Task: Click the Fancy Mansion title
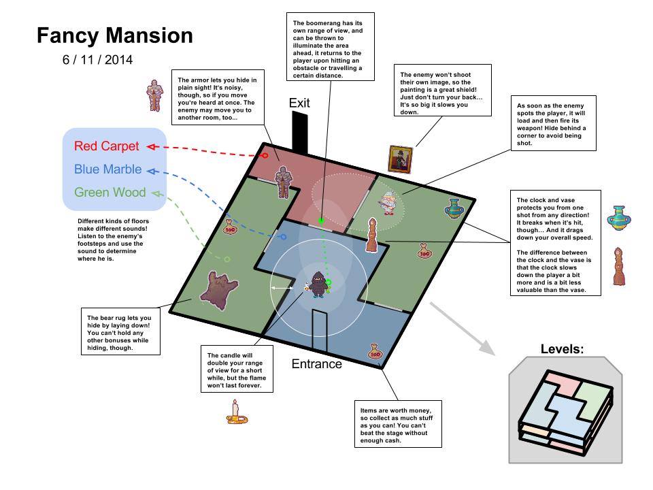click(114, 35)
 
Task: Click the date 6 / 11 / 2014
click(97, 60)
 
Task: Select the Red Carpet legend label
click(106, 146)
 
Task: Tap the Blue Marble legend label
click(107, 169)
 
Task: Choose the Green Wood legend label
click(110, 193)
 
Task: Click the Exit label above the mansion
click(299, 103)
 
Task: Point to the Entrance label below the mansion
click(316, 364)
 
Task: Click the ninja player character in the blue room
click(318, 284)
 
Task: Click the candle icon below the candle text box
click(236, 412)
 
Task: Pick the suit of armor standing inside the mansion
click(282, 182)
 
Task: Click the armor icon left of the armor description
click(156, 95)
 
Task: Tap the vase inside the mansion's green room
click(454, 209)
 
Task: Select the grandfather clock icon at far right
click(618, 267)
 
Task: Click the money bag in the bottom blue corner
click(374, 352)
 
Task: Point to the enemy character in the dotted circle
click(388, 203)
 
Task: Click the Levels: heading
click(562, 349)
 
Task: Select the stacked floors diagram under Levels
click(564, 412)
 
